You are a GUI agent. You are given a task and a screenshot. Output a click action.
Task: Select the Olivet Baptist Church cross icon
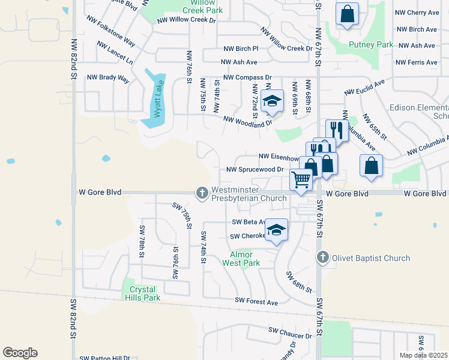coord(323,257)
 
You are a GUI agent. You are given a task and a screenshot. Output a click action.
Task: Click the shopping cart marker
coord(301,178)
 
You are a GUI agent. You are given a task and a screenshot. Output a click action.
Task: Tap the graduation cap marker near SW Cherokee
coord(276,230)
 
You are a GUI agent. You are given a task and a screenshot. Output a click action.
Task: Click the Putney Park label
coord(371,44)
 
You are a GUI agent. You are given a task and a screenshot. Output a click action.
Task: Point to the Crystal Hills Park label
coord(145,293)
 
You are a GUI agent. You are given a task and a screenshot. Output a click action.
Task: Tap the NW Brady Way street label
coord(108,78)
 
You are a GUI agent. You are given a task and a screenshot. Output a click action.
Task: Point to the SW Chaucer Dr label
coord(290,332)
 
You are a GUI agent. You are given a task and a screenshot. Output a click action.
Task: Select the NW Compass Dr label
coord(247,77)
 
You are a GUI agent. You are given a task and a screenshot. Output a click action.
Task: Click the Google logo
coord(20,353)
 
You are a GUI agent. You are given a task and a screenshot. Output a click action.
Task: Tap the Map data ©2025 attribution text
coord(423,355)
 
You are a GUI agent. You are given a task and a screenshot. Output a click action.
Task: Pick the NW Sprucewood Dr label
coord(255,170)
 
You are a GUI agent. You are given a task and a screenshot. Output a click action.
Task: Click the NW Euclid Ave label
coord(364,88)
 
